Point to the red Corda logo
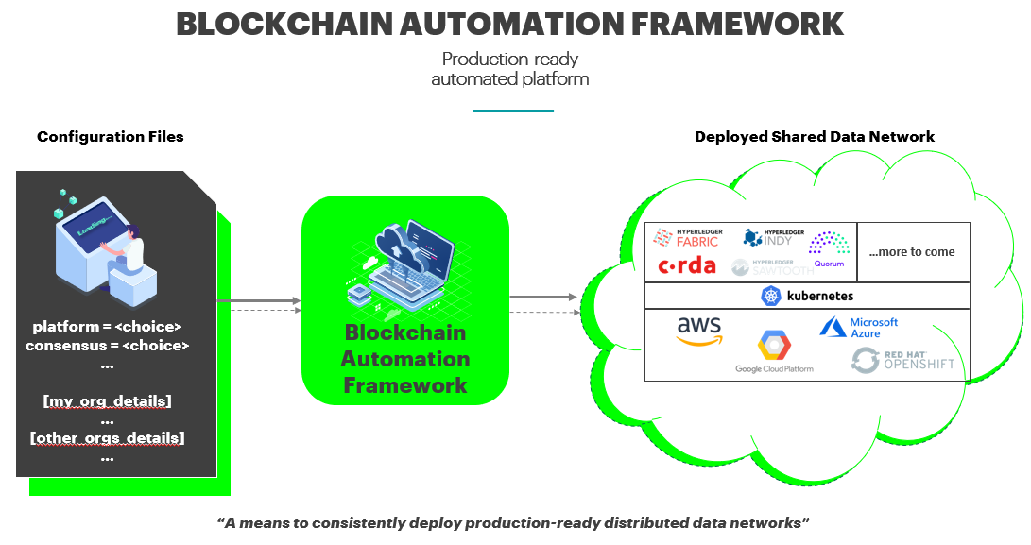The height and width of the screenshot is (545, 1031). [687, 265]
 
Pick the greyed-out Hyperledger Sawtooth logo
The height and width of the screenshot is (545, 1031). [765, 267]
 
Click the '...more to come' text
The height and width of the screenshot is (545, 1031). [912, 252]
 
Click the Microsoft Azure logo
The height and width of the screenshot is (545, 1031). [859, 328]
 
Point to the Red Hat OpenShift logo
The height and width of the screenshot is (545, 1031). [902, 360]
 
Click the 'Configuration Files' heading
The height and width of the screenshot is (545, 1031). [111, 137]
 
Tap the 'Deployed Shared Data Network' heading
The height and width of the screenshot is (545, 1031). [814, 137]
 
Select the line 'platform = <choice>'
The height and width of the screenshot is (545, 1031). [107, 327]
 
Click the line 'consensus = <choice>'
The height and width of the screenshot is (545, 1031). [107, 346]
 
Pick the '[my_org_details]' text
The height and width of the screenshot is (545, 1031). [107, 401]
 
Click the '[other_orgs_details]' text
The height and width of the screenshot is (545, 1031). [107, 438]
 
